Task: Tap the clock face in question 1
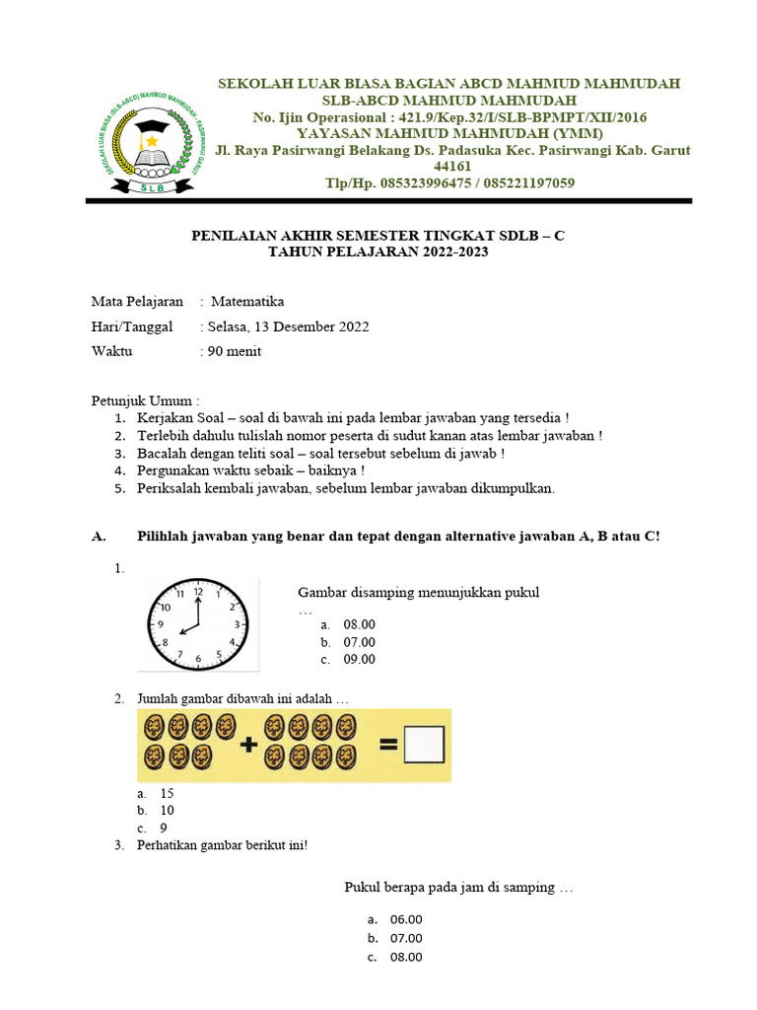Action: (198, 624)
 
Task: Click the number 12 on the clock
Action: (198, 592)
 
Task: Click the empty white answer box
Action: (426, 746)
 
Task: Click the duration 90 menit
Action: (234, 351)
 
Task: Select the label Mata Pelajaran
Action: (137, 302)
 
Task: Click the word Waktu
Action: (112, 351)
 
